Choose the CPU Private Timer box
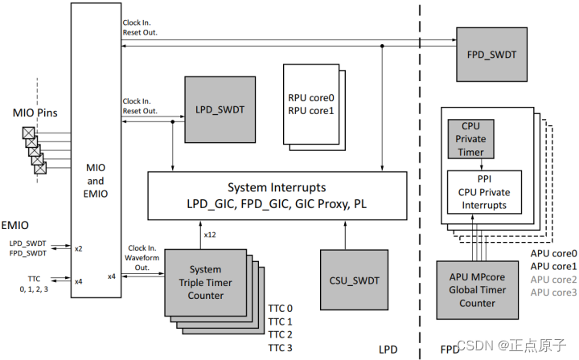[472, 140]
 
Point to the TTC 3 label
[281, 347]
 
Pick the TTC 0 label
[281, 309]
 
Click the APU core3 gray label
[554, 292]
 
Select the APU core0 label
[554, 254]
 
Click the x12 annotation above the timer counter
[210, 235]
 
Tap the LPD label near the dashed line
[388, 350]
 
